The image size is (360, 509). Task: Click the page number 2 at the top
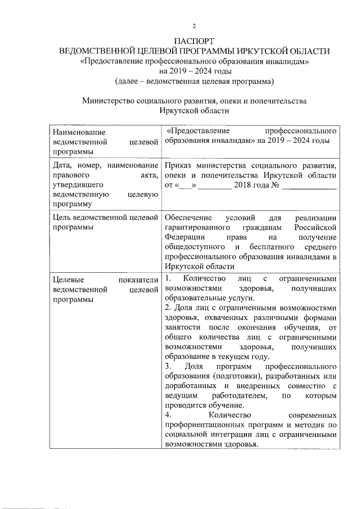[x=194, y=26]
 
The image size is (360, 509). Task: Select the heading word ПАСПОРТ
[x=194, y=42]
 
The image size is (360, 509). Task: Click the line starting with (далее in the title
[x=194, y=82]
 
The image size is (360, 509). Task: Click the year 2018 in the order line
[x=243, y=185]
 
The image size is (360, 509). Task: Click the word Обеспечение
[x=189, y=218]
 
